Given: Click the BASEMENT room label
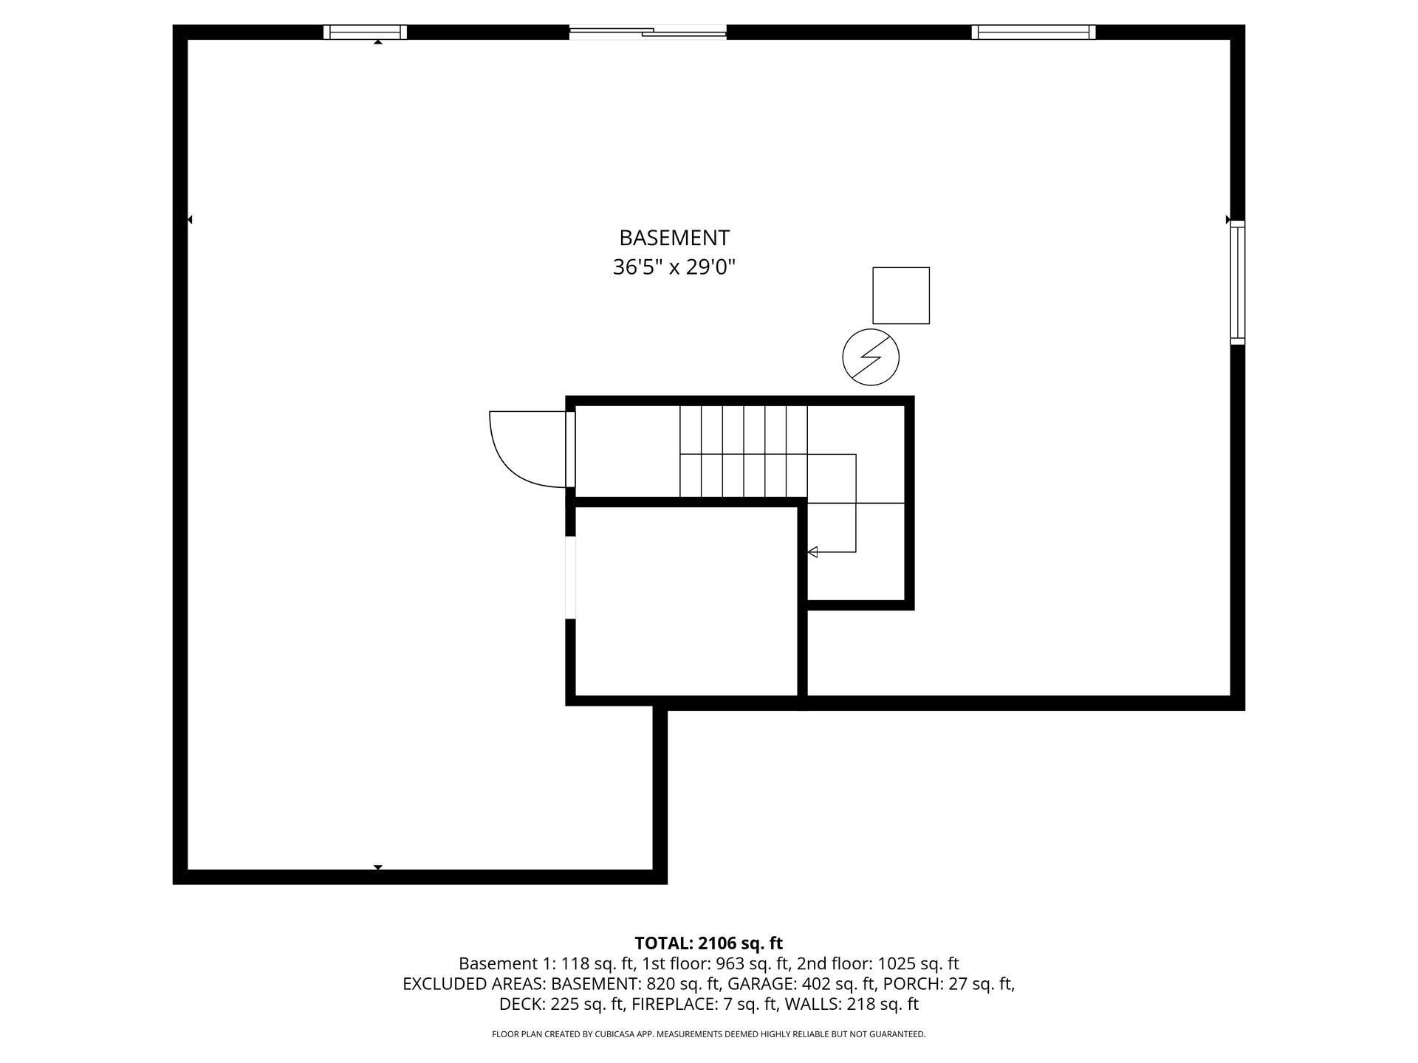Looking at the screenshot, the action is pyautogui.click(x=674, y=238).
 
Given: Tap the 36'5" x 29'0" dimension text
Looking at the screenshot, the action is pyautogui.click(x=674, y=266).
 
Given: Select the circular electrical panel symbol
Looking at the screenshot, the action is pyautogui.click(x=871, y=357).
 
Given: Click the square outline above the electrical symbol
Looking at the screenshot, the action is pyautogui.click(x=901, y=295).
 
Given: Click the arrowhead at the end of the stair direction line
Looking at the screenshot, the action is pyautogui.click(x=812, y=551).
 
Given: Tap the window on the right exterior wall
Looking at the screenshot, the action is pyautogui.click(x=1238, y=282).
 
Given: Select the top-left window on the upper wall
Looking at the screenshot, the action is pyautogui.click(x=365, y=32).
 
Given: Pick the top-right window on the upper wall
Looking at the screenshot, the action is pyautogui.click(x=1033, y=32).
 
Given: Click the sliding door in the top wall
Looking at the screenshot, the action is pyautogui.click(x=648, y=32).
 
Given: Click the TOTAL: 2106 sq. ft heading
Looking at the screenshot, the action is pyautogui.click(x=709, y=943).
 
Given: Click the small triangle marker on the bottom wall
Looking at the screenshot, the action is pyautogui.click(x=378, y=867).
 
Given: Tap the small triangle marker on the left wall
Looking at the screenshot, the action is pyautogui.click(x=190, y=219).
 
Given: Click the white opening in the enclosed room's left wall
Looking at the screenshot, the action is pyautogui.click(x=570, y=577).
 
